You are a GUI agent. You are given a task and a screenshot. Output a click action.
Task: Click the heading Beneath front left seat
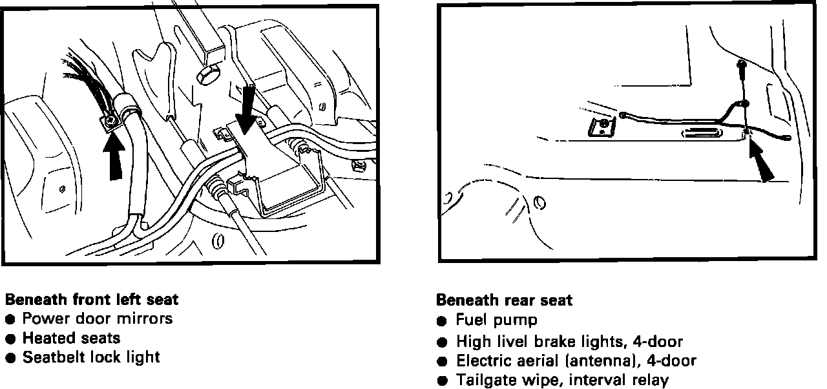(91, 300)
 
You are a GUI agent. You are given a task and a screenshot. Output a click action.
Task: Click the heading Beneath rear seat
(504, 300)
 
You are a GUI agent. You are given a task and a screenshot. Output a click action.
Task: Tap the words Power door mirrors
(98, 319)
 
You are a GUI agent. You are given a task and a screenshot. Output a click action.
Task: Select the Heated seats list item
(71, 338)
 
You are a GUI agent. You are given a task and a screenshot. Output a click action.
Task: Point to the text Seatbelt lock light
(91, 357)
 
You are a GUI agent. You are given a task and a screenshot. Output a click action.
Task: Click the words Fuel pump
(496, 320)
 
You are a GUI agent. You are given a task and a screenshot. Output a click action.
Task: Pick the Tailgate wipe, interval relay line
(562, 380)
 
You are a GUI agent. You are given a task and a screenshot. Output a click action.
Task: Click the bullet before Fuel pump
(442, 321)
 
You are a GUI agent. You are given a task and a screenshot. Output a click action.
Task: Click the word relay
(651, 380)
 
